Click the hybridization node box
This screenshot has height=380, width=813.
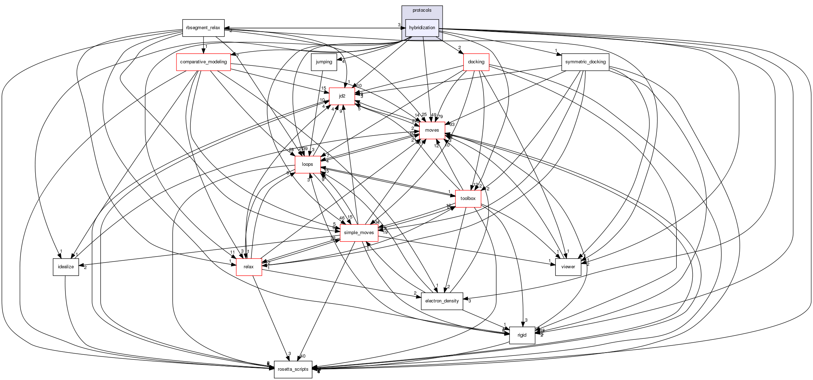pyautogui.click(x=422, y=28)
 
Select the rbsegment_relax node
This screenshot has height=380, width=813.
pyautogui.click(x=203, y=28)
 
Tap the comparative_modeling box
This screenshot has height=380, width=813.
pyautogui.click(x=204, y=62)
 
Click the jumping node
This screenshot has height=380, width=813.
pyautogui.click(x=324, y=62)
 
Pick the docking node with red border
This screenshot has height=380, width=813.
pyautogui.click(x=476, y=62)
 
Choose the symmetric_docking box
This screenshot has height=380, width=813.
pyautogui.click(x=585, y=62)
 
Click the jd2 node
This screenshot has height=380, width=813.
pyautogui.click(x=342, y=96)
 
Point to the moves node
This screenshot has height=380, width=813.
pyautogui.click(x=432, y=130)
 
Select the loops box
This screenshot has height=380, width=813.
pyautogui.click(x=307, y=164)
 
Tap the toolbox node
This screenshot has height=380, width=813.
pyautogui.click(x=468, y=199)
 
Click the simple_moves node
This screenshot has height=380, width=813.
pyautogui.click(x=359, y=233)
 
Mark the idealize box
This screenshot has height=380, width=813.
pyautogui.click(x=66, y=267)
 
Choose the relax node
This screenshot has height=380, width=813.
pyautogui.click(x=249, y=267)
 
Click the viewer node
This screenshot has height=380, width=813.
pyautogui.click(x=568, y=267)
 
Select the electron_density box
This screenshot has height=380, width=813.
pyautogui.click(x=442, y=301)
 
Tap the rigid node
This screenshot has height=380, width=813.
pyautogui.click(x=522, y=335)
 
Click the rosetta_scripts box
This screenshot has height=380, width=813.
pyautogui.click(x=293, y=369)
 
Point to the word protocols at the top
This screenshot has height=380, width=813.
pyautogui.click(x=422, y=10)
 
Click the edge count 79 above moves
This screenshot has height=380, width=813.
pyautogui.click(x=440, y=117)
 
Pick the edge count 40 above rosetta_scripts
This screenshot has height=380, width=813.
pyautogui.click(x=303, y=356)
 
